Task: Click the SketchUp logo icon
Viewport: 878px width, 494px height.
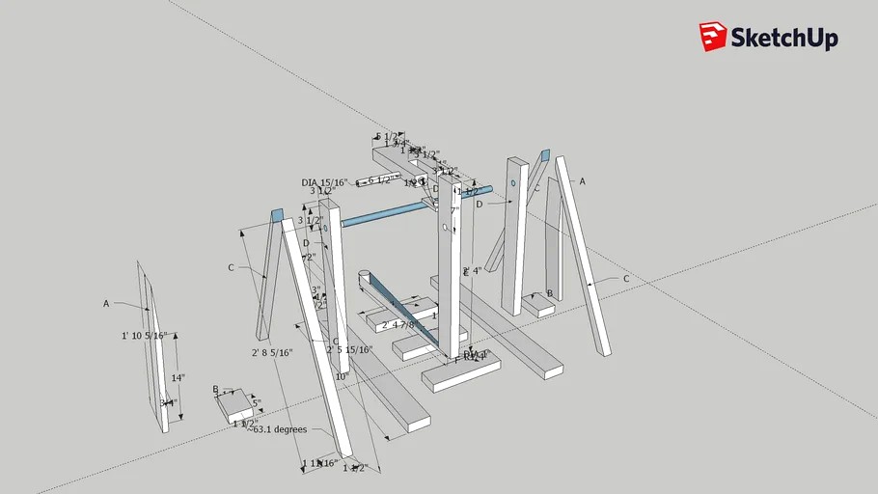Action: coord(713,37)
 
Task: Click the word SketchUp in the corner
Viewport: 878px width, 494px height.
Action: coord(783,39)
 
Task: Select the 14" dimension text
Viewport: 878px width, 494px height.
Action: coord(178,378)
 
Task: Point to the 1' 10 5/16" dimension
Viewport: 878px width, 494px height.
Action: coord(145,336)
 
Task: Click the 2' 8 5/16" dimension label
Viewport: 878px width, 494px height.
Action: coord(272,353)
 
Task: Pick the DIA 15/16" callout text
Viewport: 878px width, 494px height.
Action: coord(324,182)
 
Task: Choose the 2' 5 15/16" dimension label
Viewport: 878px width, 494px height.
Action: coord(349,349)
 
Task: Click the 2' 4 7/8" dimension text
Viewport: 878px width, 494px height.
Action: coord(404,325)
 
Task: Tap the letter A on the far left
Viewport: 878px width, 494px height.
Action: coord(106,303)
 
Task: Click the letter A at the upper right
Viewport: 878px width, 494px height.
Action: coord(582,180)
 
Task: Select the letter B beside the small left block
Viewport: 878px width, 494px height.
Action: coord(215,389)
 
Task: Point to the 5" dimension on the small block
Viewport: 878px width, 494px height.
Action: coord(256,403)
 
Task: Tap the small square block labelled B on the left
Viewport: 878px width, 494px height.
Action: coord(239,409)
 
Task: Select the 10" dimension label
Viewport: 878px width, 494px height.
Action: coord(340,377)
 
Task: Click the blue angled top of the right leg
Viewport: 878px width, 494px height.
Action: coord(544,154)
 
